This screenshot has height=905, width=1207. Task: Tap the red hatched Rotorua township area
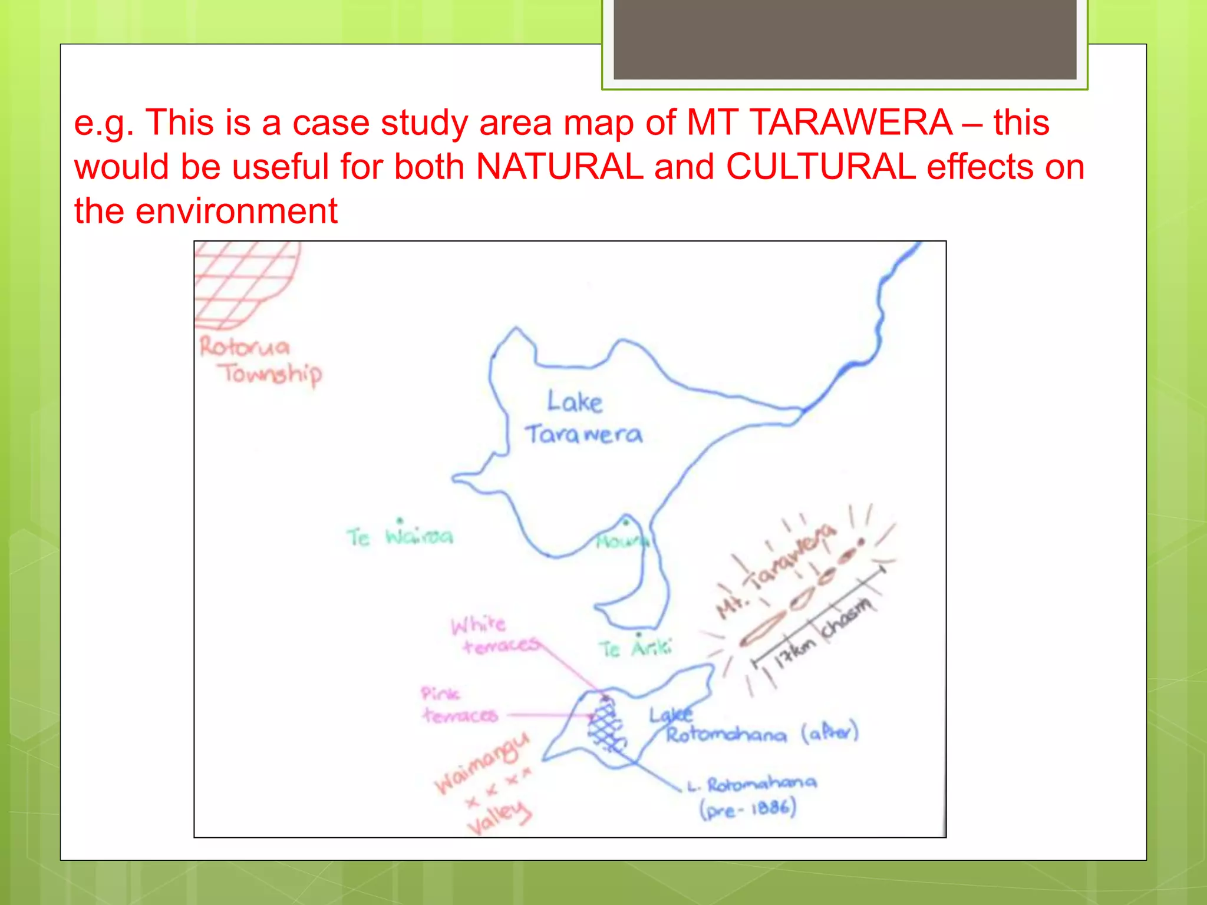click(x=245, y=283)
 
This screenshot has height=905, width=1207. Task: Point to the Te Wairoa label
click(x=400, y=537)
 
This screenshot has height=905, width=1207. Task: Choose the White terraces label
click(x=494, y=635)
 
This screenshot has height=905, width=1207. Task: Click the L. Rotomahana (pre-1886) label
click(x=751, y=795)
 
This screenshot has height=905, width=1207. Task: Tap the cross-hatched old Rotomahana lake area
click(x=607, y=725)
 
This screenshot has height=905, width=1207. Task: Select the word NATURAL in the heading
click(x=559, y=167)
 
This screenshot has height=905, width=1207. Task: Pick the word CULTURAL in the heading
click(x=820, y=167)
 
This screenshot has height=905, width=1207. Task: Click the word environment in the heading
click(x=236, y=211)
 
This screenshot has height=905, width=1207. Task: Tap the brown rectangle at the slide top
click(x=845, y=39)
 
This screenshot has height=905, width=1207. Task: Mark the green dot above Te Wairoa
click(x=400, y=521)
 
